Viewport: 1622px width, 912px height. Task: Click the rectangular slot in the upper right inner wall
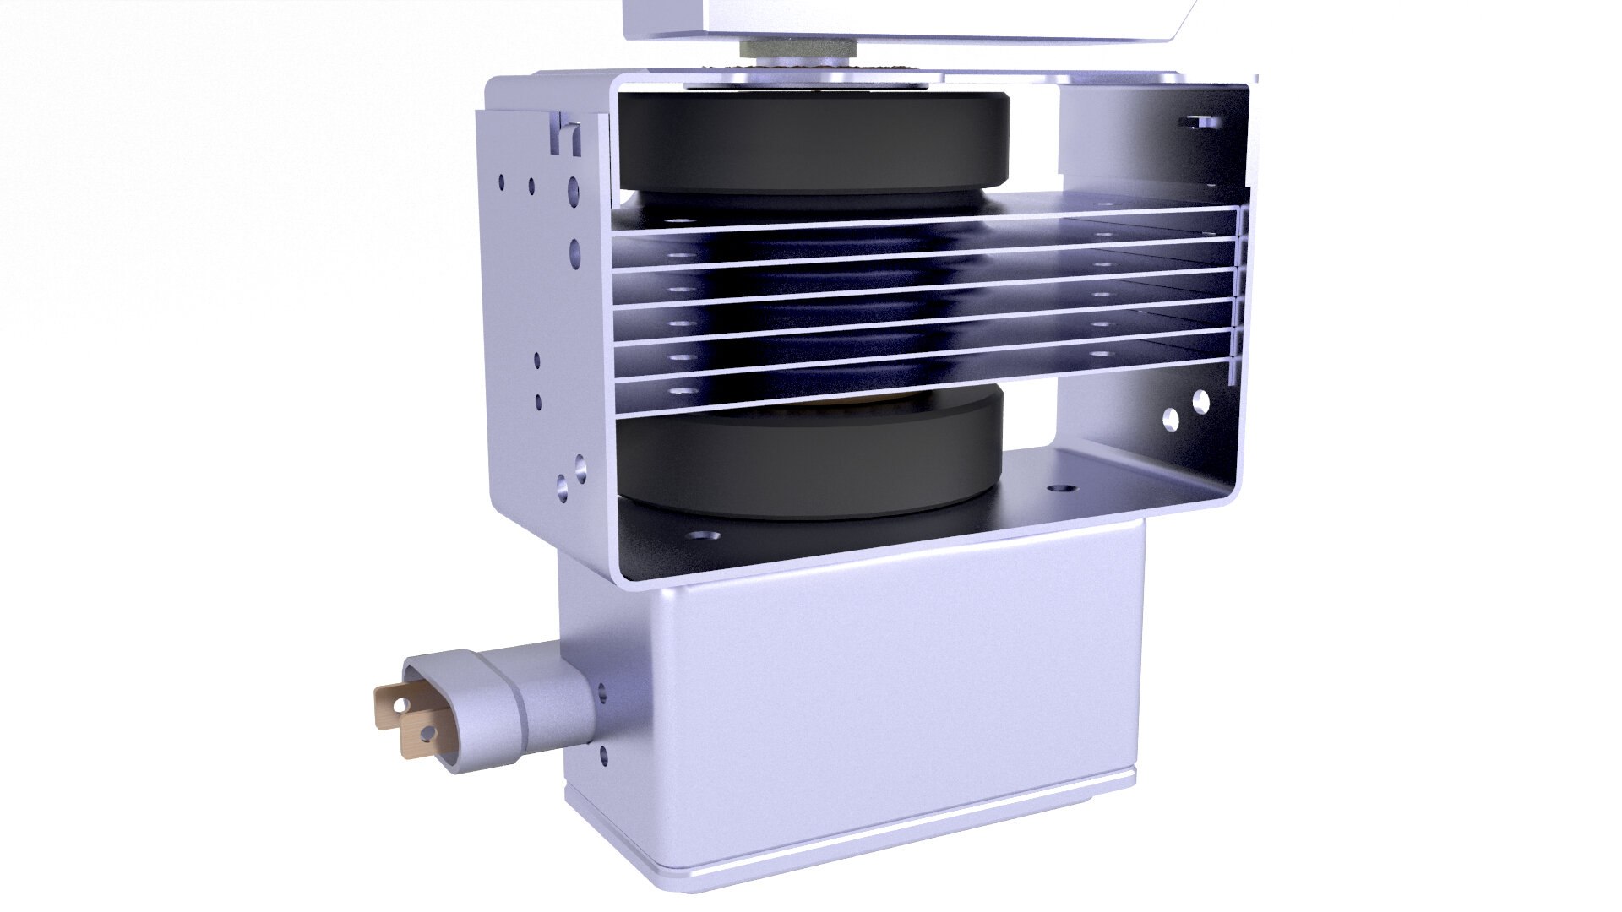(x=1200, y=122)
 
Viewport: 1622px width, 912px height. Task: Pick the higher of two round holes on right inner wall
(x=1200, y=399)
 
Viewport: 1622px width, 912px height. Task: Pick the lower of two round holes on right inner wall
(x=1171, y=417)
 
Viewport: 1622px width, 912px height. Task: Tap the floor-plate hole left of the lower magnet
(x=702, y=535)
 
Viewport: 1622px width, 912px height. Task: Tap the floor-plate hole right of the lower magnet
(x=1057, y=488)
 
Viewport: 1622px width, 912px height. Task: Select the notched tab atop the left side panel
(x=569, y=135)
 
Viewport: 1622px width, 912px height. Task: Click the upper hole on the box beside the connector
(x=602, y=694)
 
